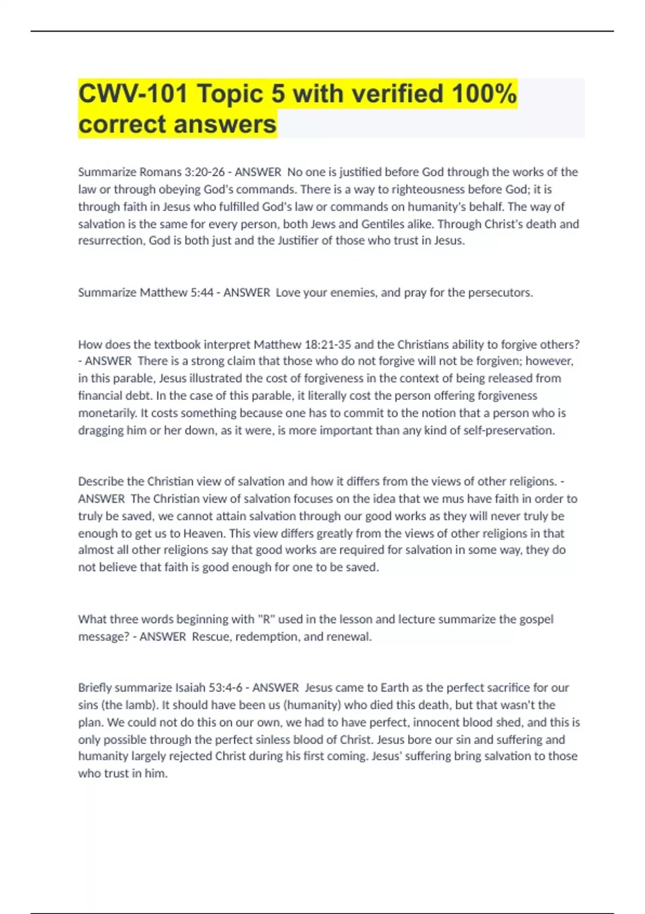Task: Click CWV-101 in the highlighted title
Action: pos(133,94)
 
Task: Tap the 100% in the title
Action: pos(484,94)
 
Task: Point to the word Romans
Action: pos(161,172)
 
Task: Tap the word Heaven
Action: pos(204,533)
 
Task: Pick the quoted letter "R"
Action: pos(264,619)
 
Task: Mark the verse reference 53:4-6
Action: pos(228,688)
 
